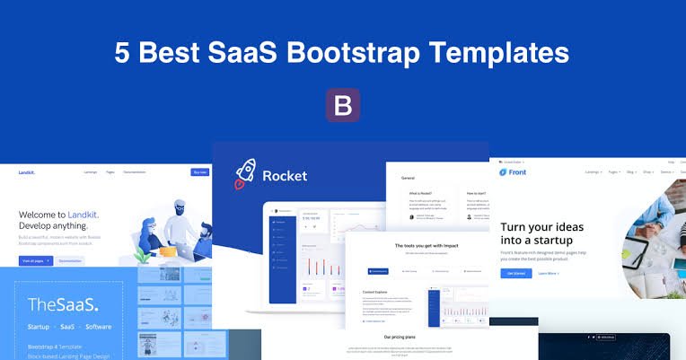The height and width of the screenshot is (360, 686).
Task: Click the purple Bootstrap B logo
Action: [x=342, y=105]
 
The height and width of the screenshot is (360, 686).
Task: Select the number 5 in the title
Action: [x=123, y=52]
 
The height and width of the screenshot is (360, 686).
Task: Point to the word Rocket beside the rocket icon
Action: [x=285, y=175]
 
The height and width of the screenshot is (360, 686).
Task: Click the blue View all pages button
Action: [x=36, y=260]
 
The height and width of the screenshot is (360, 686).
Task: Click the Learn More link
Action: [x=548, y=273]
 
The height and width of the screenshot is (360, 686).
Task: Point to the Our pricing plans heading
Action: [x=400, y=338]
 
